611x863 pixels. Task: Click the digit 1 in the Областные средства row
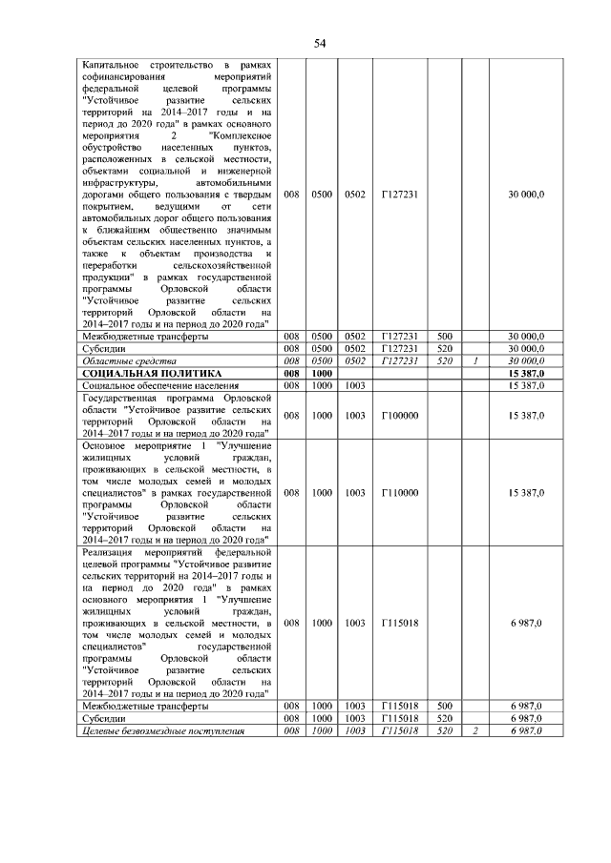474,361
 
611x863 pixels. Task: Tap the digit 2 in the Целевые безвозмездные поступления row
474,730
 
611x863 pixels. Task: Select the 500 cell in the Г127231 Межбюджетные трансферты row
444,337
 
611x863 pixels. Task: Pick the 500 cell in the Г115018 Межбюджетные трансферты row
444,706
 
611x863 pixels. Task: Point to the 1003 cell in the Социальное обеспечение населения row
355,385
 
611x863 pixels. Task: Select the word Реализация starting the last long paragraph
110,552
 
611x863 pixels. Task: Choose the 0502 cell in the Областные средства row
355,361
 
